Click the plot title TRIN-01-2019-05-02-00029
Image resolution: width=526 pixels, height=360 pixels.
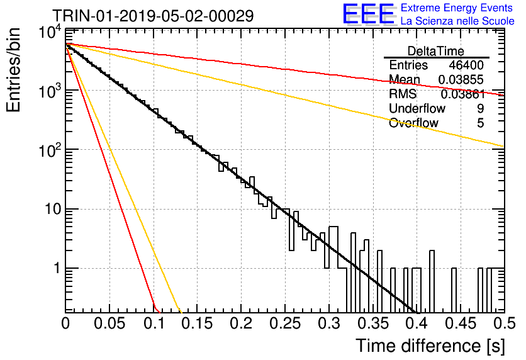point(153,16)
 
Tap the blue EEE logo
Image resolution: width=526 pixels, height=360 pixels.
point(369,14)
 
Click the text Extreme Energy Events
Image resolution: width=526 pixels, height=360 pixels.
point(457,8)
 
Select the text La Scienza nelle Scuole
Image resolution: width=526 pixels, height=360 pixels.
point(457,21)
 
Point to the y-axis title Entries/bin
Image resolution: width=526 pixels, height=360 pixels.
point(13,70)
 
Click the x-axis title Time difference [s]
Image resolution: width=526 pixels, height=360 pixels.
point(430,346)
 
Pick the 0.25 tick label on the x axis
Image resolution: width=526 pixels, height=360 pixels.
point(285,323)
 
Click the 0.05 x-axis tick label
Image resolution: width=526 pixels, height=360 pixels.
point(109,323)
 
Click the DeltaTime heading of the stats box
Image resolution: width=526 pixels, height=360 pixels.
point(436,51)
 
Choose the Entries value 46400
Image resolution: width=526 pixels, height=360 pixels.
point(466,65)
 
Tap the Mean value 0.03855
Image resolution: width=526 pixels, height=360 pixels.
point(461,79)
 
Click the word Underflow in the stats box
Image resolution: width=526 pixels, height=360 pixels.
point(417,108)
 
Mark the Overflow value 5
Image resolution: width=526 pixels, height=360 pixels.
point(480,123)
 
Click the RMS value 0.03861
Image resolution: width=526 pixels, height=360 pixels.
point(463,94)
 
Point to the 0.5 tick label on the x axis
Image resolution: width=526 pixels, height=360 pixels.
point(505,323)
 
